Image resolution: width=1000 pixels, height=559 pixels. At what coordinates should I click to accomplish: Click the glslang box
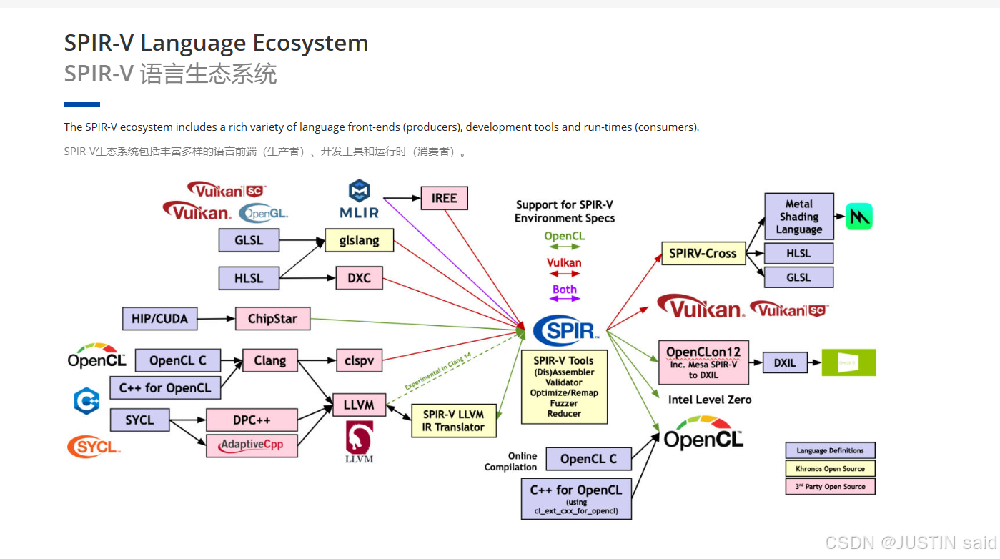[359, 240]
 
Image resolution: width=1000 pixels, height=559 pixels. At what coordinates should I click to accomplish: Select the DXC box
[359, 277]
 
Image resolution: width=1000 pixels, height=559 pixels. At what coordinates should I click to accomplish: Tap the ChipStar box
[272, 319]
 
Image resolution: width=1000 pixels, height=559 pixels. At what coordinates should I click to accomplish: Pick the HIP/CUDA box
[159, 318]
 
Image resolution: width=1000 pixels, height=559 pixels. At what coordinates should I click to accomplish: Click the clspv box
[359, 361]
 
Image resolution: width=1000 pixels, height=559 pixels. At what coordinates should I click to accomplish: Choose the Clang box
[269, 361]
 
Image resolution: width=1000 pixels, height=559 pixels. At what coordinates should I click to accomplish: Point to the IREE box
[444, 198]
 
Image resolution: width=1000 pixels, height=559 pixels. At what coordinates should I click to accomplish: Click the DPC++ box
[252, 420]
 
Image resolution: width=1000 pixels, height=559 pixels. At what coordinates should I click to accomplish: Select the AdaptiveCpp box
[252, 445]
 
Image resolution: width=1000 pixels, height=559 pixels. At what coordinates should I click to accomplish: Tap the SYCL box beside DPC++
[139, 420]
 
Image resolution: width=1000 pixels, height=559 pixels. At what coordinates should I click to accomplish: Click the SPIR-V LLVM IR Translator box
[453, 420]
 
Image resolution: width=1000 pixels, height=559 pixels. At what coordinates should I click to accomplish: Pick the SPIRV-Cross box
[703, 253]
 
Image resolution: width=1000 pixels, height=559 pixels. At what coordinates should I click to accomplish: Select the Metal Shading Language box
[798, 217]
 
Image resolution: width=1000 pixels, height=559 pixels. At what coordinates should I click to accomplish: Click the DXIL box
[784, 362]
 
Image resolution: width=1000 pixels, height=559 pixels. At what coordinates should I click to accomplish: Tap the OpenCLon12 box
[703, 362]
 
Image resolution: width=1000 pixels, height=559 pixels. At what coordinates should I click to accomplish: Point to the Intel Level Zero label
[710, 400]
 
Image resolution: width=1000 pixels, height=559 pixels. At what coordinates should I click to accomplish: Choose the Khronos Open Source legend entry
[830, 469]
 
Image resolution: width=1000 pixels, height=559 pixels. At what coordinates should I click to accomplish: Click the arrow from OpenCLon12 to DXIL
[756, 362]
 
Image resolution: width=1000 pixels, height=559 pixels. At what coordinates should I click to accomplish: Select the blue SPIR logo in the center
[565, 330]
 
